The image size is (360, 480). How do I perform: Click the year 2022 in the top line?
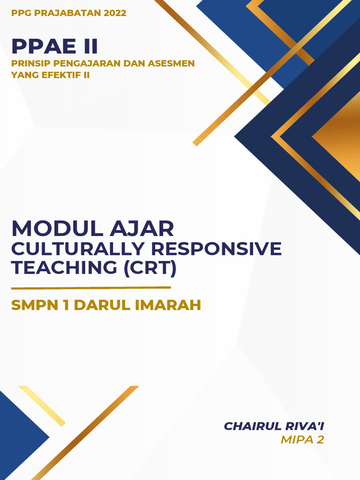point(115,13)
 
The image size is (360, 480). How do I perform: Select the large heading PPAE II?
point(55,46)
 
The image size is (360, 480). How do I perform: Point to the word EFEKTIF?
point(64,75)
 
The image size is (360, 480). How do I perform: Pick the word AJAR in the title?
point(142,229)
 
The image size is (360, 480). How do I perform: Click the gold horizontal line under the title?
point(91,287)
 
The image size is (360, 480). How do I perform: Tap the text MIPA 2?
point(302,440)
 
